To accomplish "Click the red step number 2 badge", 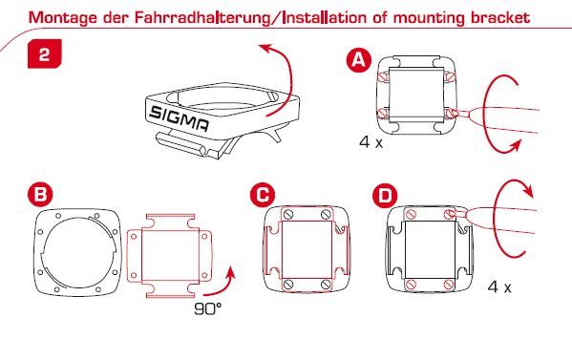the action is (45, 54).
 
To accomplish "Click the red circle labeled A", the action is (359, 60).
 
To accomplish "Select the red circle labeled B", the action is (40, 194).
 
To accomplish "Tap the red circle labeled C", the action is (263, 195).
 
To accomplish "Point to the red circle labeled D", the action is (385, 196).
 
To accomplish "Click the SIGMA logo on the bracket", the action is (180, 118).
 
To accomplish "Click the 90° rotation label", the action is (207, 309).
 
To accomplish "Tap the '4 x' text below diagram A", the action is (371, 142).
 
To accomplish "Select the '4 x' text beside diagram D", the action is (499, 287).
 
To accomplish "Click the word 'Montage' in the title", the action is (62, 18).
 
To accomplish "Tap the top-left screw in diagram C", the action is (288, 214).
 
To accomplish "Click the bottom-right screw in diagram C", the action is (327, 285).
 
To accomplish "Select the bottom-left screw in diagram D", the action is (412, 284).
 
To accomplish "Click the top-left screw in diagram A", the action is (384, 76).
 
